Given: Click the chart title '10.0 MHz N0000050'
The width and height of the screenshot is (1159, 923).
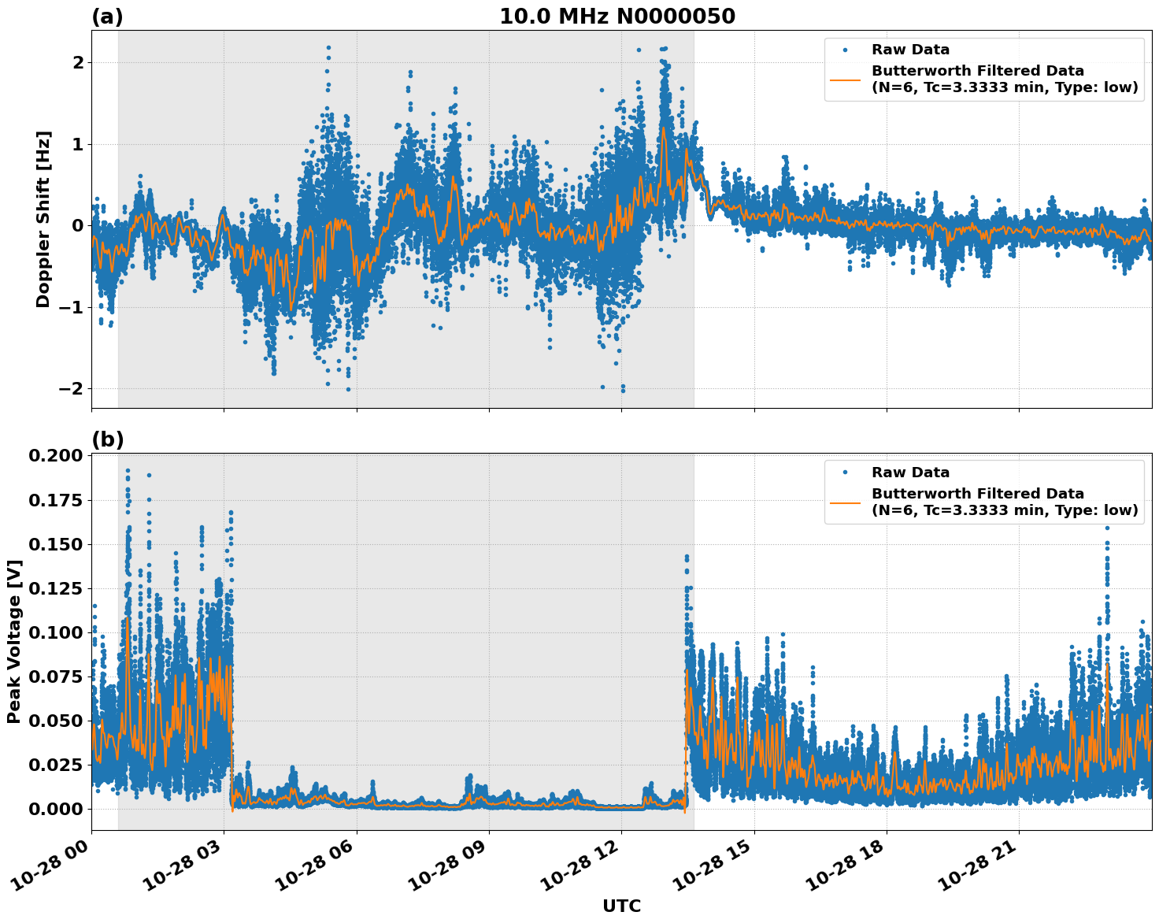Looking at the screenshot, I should (x=617, y=17).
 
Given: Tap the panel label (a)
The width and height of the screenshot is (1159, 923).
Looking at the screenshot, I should (x=107, y=17).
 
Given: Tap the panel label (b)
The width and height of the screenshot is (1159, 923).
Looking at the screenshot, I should (x=107, y=440).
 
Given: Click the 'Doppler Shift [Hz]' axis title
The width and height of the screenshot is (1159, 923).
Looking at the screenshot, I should (x=43, y=219).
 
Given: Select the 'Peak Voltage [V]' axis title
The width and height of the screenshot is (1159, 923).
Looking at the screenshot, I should (x=13, y=641).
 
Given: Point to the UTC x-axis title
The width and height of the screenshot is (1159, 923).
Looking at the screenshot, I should (x=621, y=906).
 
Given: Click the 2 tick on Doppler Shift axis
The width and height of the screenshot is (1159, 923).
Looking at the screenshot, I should (x=77, y=62).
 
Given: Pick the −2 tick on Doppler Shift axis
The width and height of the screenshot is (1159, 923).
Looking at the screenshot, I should (x=71, y=389).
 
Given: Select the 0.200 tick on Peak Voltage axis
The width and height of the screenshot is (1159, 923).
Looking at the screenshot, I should (x=55, y=456).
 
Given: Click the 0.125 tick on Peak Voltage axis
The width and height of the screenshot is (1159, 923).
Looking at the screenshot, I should (x=55, y=588).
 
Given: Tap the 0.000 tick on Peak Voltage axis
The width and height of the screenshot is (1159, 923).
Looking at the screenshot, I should (x=55, y=809).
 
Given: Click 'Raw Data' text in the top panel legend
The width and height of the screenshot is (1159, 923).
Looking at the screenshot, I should (x=910, y=50).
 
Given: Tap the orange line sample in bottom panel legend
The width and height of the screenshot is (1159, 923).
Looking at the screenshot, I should (x=845, y=502).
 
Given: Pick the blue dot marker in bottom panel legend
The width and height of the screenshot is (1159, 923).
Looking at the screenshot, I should (x=845, y=473).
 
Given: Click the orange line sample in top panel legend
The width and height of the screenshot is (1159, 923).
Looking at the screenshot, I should (x=845, y=79).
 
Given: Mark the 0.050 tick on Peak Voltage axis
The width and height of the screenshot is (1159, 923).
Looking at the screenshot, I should (x=55, y=721).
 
